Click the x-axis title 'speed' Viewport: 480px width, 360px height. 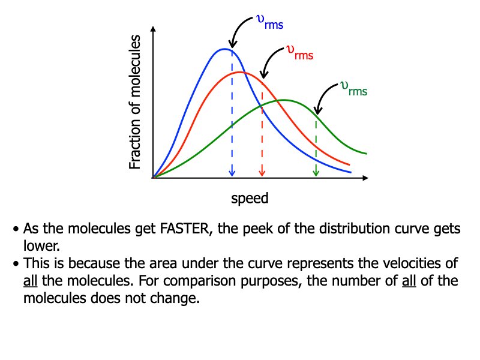click(250, 198)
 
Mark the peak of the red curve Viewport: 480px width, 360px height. click(239, 72)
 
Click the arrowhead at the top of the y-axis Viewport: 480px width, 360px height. click(154, 30)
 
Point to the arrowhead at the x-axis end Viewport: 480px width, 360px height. click(365, 178)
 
